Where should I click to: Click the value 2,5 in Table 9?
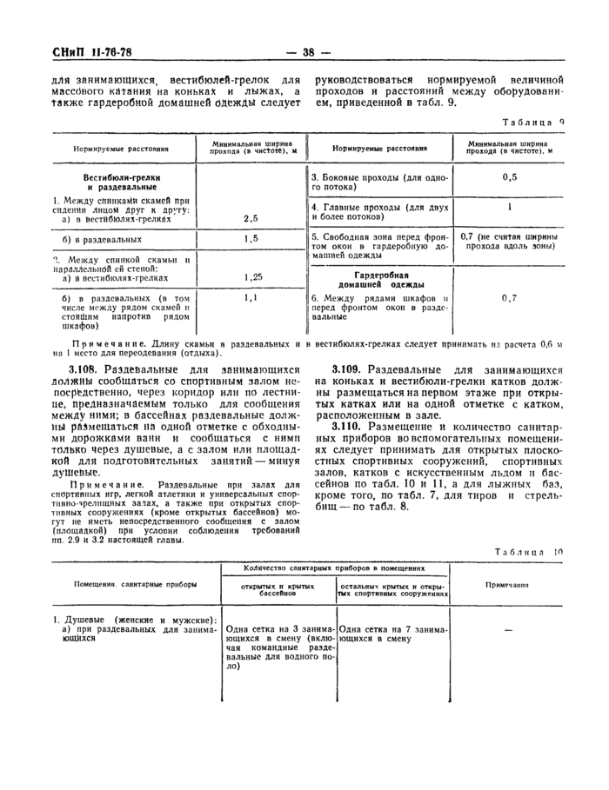pyautogui.click(x=251, y=219)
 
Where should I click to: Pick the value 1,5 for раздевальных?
pyautogui.click(x=251, y=238)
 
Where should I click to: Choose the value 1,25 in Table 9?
pyautogui.click(x=251, y=277)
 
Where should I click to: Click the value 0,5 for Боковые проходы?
pyautogui.click(x=509, y=177)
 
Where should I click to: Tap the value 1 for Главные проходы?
pyautogui.click(x=509, y=208)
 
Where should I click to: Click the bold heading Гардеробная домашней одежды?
pyautogui.click(x=380, y=278)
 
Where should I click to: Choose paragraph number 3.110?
pyautogui.click(x=351, y=428)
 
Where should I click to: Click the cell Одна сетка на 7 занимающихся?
pyautogui.click(x=391, y=631)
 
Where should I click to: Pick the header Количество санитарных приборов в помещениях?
pyautogui.click(x=334, y=568)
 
